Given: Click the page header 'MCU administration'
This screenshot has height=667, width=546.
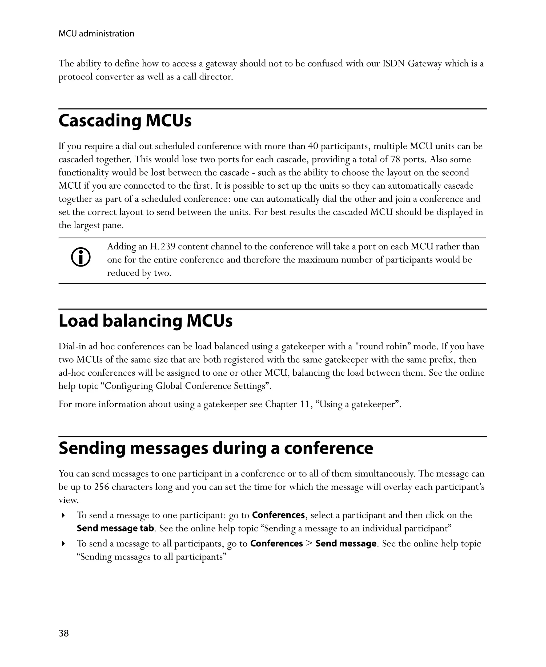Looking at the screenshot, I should (96, 34).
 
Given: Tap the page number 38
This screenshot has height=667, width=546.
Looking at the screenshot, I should (63, 633).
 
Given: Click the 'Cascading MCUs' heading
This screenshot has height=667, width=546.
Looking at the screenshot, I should (125, 121).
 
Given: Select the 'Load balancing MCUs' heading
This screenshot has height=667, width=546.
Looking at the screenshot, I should (145, 321).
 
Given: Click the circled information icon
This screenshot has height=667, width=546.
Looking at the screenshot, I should (81, 257).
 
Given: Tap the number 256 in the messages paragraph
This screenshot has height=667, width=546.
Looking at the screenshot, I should (102, 487).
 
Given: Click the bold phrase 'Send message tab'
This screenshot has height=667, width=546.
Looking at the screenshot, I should (115, 528).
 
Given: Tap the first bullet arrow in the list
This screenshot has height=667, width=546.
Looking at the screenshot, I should (63, 515).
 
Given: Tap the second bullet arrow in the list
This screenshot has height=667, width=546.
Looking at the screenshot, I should (63, 544).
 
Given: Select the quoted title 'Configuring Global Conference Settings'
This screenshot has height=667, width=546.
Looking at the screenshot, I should (186, 386).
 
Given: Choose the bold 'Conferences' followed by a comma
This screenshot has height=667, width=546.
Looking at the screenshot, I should (278, 515).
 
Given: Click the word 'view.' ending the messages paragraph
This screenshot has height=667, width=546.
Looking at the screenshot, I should (69, 500).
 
